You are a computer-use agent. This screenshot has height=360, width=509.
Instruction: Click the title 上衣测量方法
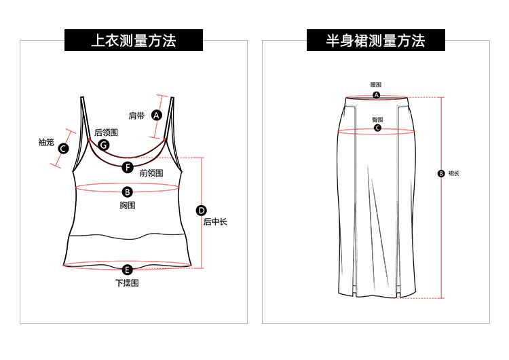pos(134,41)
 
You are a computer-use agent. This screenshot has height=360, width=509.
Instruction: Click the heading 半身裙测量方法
pos(375,41)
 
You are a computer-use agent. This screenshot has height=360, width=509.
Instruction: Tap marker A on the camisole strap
pos(157,115)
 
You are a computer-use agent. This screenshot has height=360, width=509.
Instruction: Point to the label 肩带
pos(136,115)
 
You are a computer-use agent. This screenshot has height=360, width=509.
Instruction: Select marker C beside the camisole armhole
pos(63,148)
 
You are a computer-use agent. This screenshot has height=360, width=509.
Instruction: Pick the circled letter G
pos(104,145)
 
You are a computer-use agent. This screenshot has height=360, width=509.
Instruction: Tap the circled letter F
pos(128,167)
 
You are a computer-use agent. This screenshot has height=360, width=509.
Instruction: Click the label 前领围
pos(151,173)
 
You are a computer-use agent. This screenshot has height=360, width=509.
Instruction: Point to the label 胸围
pos(127,204)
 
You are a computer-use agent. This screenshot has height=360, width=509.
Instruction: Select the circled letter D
pos(202,210)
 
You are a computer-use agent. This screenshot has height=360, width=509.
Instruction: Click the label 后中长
pos(215,221)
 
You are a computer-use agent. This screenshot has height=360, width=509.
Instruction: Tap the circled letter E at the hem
pos(127,270)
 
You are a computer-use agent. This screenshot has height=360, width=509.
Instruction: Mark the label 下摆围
pos(127,283)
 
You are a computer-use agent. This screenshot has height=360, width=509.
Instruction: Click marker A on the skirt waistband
pos(376,95)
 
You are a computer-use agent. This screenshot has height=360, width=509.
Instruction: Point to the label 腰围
pos(376,85)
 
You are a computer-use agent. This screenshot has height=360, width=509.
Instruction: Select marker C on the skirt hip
pos(377,128)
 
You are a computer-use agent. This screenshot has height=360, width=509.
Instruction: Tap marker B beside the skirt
pos(440,173)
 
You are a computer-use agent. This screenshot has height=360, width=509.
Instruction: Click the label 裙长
pos(454,173)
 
